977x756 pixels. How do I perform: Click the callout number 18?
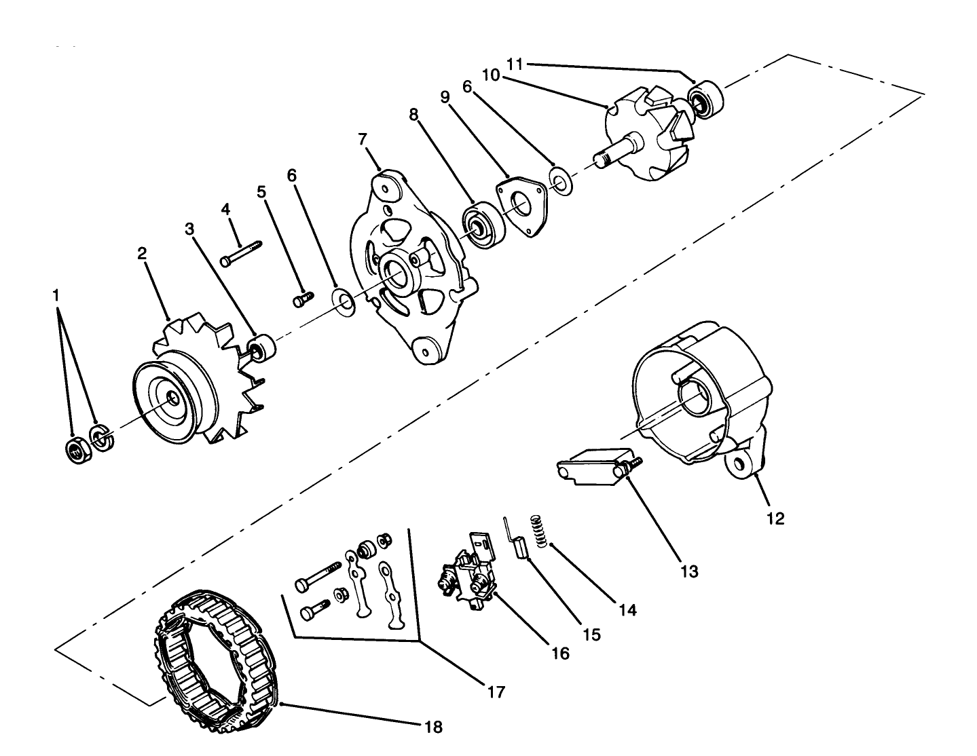point(432,727)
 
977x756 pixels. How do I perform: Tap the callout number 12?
point(775,518)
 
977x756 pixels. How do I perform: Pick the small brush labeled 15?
point(521,546)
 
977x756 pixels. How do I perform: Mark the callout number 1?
point(56,296)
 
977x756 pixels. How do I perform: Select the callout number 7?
point(363,139)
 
